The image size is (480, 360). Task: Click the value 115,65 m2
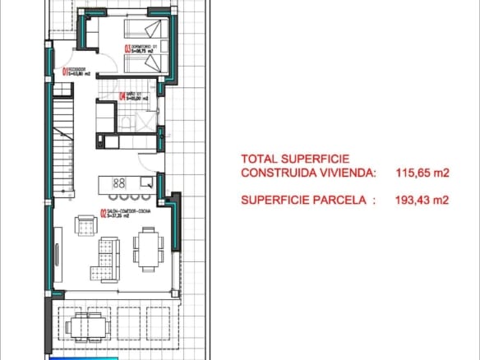[422, 173]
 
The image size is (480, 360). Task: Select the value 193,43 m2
[422, 200]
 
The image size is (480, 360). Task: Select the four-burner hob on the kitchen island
[118, 182]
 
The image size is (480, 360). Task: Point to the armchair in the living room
[85, 224]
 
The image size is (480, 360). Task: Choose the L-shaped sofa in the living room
[108, 253]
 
